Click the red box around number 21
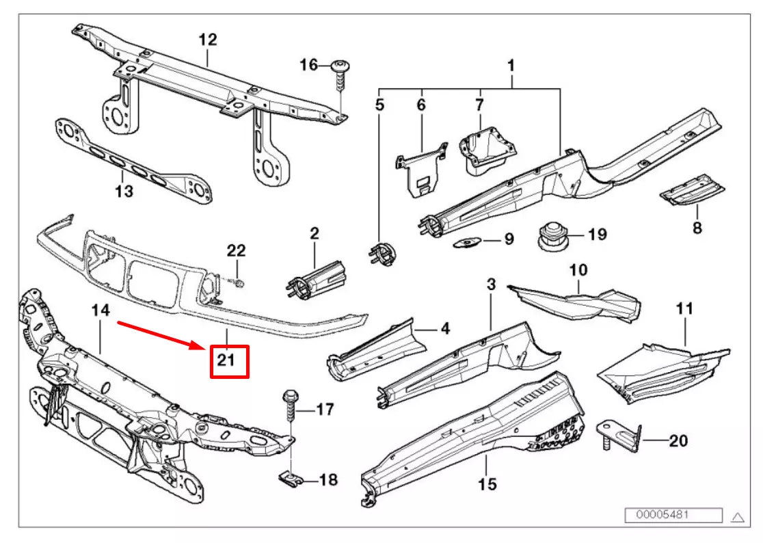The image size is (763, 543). pyautogui.click(x=228, y=361)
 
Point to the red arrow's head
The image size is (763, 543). pyautogui.click(x=202, y=347)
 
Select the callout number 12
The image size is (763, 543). pyautogui.click(x=207, y=40)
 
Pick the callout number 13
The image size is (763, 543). pyautogui.click(x=124, y=191)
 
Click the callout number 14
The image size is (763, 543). pyautogui.click(x=101, y=310)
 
